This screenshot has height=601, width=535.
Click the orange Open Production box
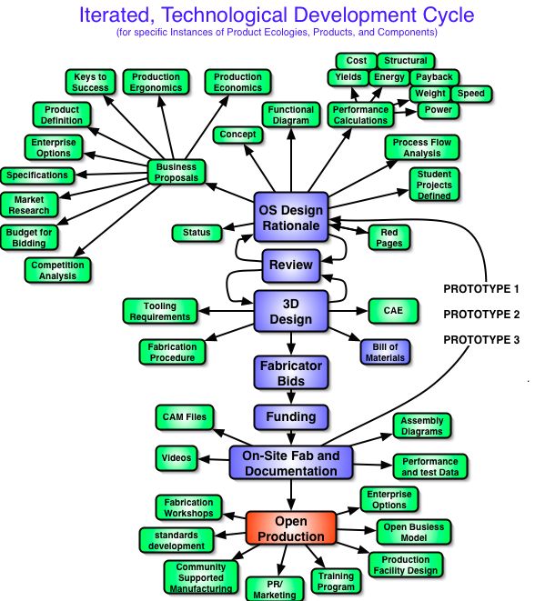291,527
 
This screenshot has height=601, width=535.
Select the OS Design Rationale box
291,217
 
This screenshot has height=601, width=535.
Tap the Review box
291,265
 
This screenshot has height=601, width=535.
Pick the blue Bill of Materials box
385,352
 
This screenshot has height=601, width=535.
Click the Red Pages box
389,237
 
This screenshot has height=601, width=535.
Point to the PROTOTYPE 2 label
481,315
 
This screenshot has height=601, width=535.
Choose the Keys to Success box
90,82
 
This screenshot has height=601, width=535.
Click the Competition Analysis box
57,270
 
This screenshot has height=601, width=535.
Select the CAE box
393,311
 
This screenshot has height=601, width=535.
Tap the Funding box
291,416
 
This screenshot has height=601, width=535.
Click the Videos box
177,458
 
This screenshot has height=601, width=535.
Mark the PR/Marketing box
275,589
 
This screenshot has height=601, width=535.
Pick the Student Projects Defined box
434,185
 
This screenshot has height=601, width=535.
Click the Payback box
435,77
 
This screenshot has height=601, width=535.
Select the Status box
197,233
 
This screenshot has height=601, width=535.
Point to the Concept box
237,135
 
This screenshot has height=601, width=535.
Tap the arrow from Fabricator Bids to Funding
291,397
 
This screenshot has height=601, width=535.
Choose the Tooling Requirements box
160,311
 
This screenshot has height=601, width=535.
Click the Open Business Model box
414,532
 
